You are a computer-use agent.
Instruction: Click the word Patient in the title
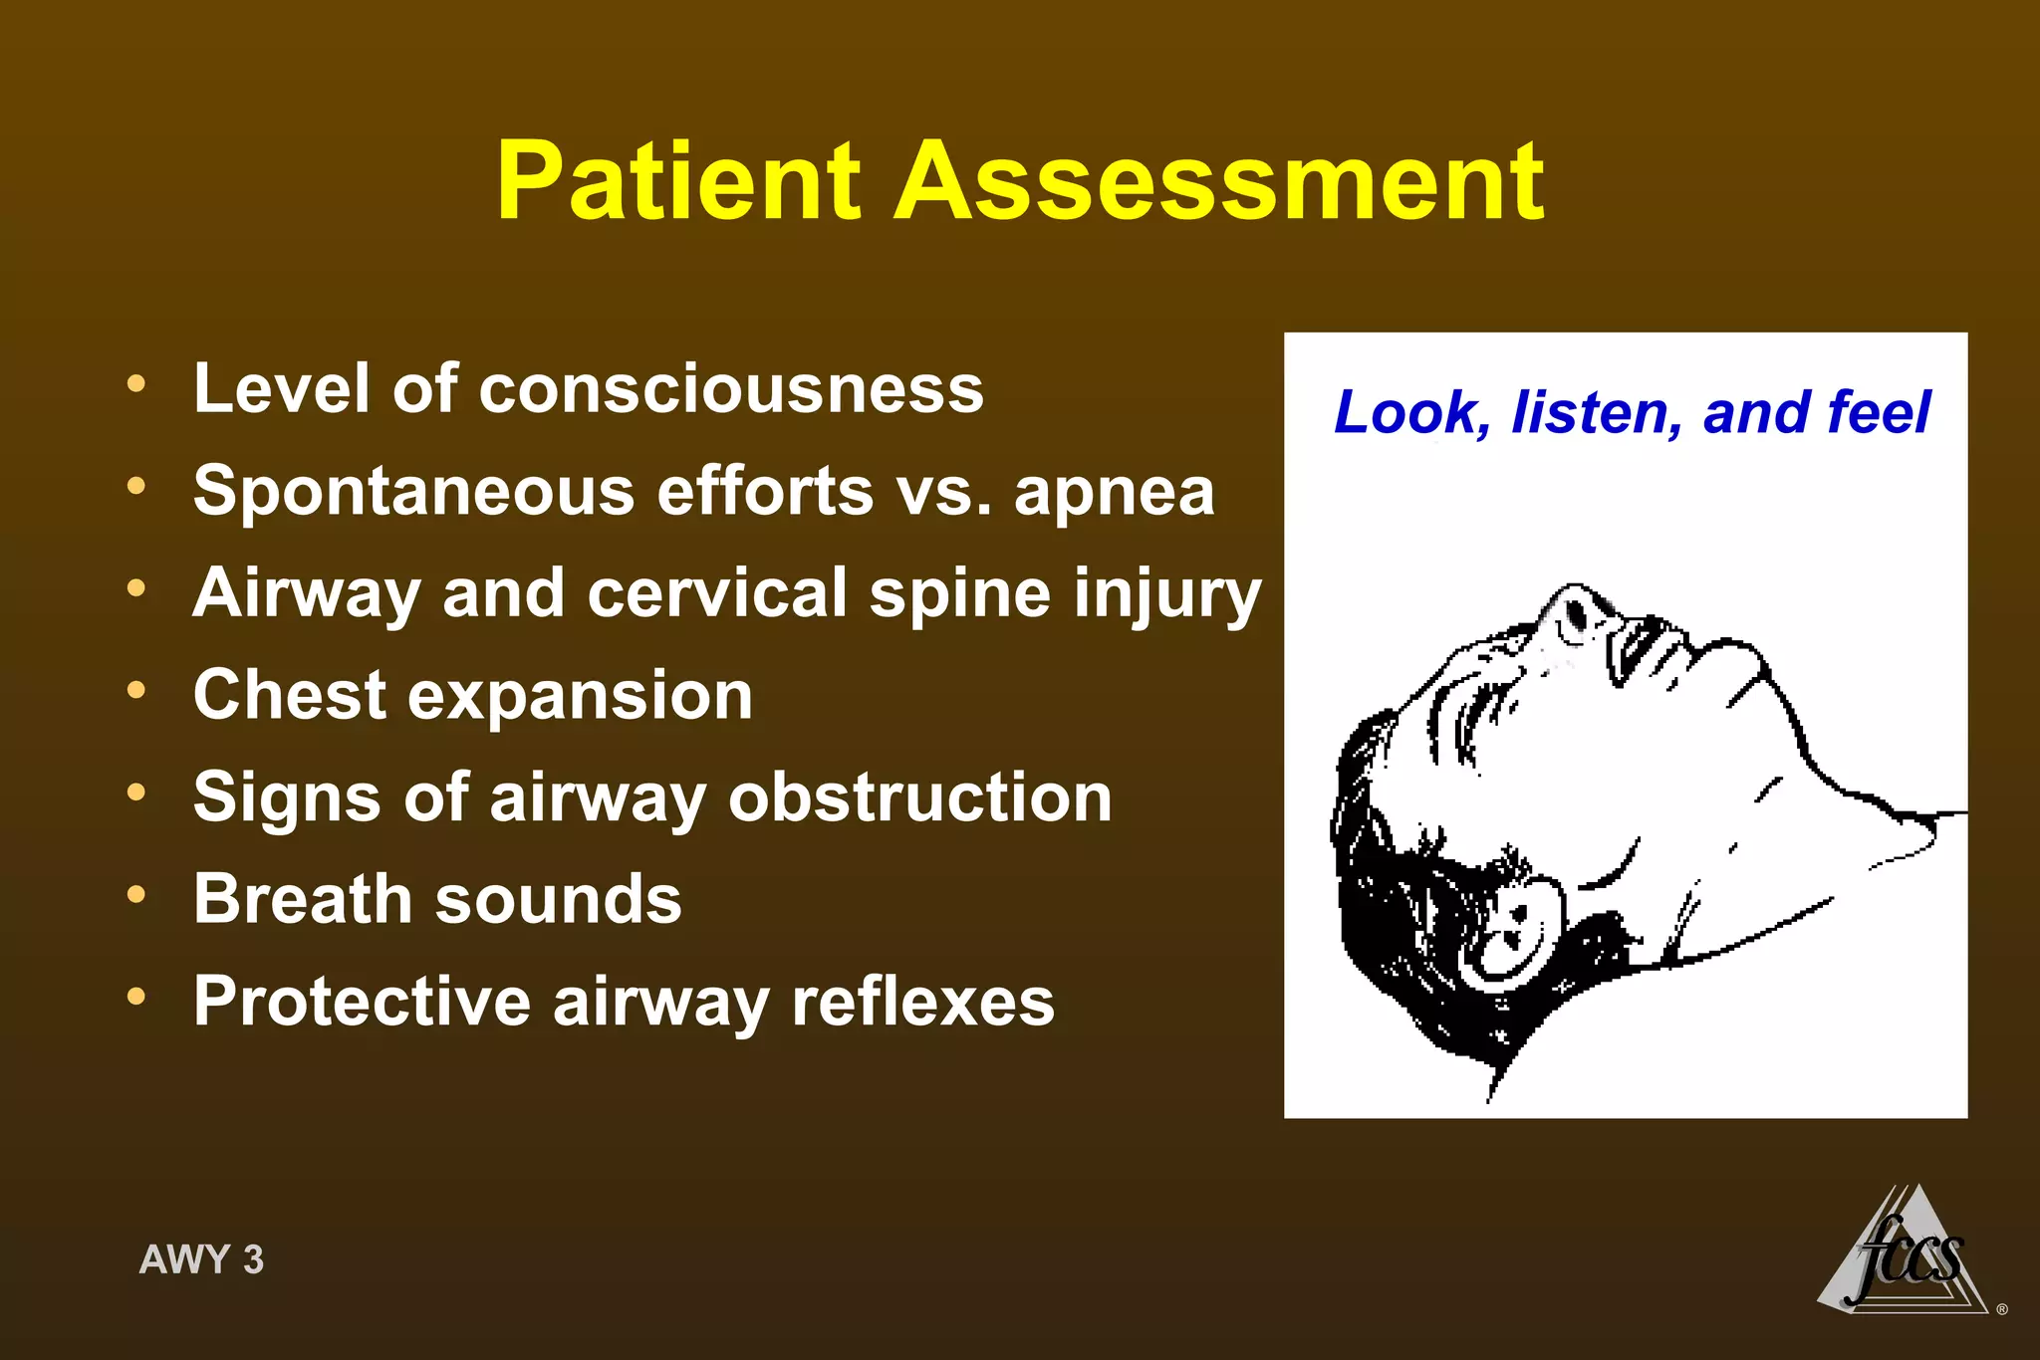[677, 182]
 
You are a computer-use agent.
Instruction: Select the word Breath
[303, 899]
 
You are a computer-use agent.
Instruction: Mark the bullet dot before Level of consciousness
[136, 382]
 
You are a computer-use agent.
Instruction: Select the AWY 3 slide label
[201, 1259]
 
